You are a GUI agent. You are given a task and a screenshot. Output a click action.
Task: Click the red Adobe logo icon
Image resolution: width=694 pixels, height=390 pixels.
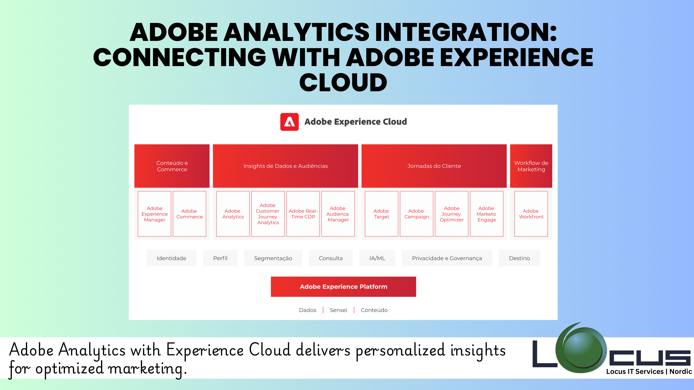click(289, 122)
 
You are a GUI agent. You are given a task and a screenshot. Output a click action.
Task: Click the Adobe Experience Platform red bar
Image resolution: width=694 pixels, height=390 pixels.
click(343, 287)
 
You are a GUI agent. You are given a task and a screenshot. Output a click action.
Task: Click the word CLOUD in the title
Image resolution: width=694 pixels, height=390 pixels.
click(343, 82)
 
